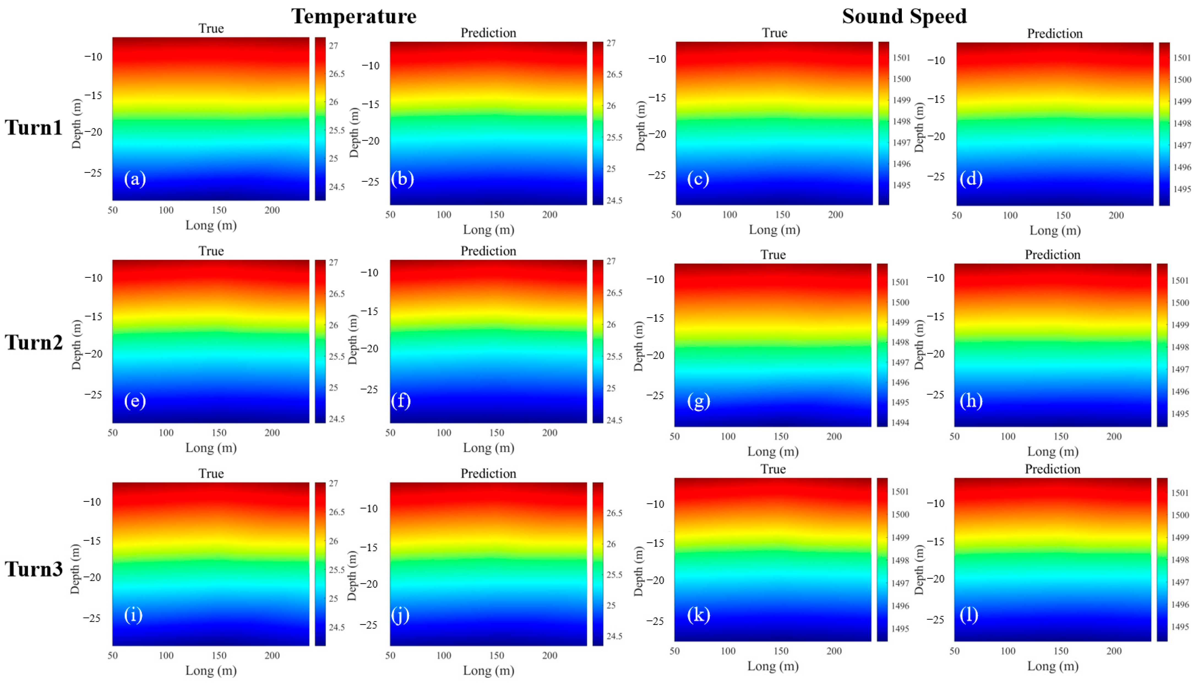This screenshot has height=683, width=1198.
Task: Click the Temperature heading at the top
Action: [x=354, y=17]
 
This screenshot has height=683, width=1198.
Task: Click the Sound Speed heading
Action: [x=904, y=17]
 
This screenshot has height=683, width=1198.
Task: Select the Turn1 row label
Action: [x=34, y=127]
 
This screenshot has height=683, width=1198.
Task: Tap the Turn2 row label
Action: [x=34, y=342]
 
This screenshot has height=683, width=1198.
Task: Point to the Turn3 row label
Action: [x=34, y=569]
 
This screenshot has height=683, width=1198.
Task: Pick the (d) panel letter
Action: [x=971, y=179]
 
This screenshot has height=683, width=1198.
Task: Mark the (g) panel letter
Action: [x=698, y=401]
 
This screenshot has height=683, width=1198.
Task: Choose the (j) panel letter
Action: [x=400, y=615]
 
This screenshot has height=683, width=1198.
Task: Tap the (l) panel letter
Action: [x=969, y=615]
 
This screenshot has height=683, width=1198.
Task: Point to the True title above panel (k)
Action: [x=772, y=469]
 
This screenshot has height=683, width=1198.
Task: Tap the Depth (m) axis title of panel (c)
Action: [x=641, y=126]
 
